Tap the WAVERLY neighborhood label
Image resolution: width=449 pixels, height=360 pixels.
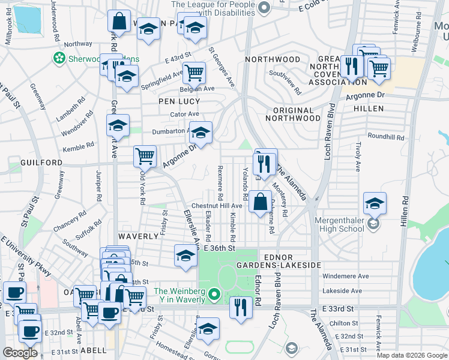coord(138,237)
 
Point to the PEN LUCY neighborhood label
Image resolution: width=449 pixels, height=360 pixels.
coord(179,101)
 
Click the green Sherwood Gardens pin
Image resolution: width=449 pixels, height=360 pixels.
coord(59,58)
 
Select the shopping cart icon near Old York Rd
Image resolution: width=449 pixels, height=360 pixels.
coord(145,157)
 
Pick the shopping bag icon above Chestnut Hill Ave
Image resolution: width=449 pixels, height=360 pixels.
coord(261,202)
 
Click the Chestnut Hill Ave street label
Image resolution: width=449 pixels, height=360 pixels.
coord(216,206)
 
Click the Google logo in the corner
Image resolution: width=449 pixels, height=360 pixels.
coord(20,353)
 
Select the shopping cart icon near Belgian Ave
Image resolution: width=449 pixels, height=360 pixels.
coord(194,73)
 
